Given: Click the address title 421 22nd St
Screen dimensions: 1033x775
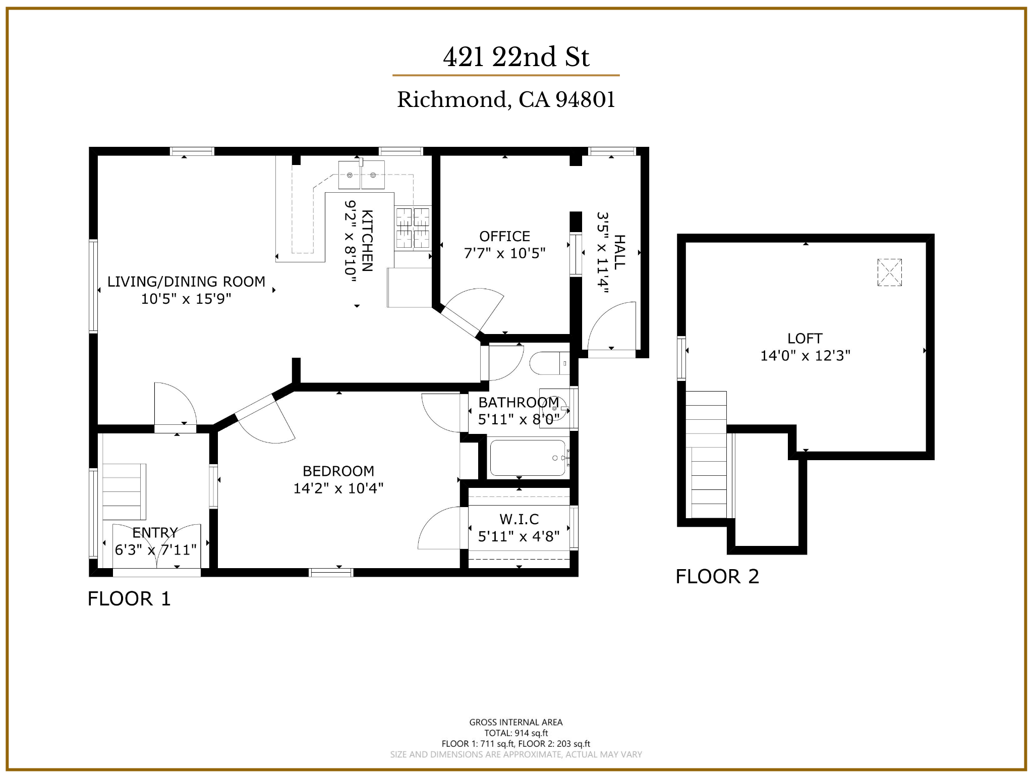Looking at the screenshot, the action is coord(516,57).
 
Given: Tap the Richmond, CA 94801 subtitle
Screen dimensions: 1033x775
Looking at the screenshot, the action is coord(506,99).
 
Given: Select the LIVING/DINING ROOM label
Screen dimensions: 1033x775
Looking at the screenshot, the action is coord(186,282).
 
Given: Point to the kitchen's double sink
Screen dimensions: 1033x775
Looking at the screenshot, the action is coord(361,175).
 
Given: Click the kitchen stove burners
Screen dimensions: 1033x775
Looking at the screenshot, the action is coord(413,228).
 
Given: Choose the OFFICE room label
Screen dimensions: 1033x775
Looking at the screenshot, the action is coord(504,236).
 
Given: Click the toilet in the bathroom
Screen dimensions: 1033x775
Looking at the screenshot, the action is coord(549,363).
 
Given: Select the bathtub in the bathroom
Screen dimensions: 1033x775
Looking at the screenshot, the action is coord(528,458).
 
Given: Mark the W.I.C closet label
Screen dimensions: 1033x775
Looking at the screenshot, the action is coord(519,519).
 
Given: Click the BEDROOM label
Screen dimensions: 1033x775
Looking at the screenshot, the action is coord(338,471).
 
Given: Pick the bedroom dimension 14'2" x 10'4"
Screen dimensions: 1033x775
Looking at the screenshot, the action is coord(338,488).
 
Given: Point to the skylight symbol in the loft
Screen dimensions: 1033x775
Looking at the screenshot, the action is coord(889,272).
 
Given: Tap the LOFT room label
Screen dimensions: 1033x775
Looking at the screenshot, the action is coord(805,338).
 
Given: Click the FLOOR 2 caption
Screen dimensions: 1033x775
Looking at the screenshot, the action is coord(717,576).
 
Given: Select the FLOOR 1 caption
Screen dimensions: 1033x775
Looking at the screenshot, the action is coord(129,598).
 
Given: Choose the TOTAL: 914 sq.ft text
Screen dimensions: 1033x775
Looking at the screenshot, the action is coord(516,733).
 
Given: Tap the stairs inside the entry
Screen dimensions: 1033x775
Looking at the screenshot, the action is coord(124,491).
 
